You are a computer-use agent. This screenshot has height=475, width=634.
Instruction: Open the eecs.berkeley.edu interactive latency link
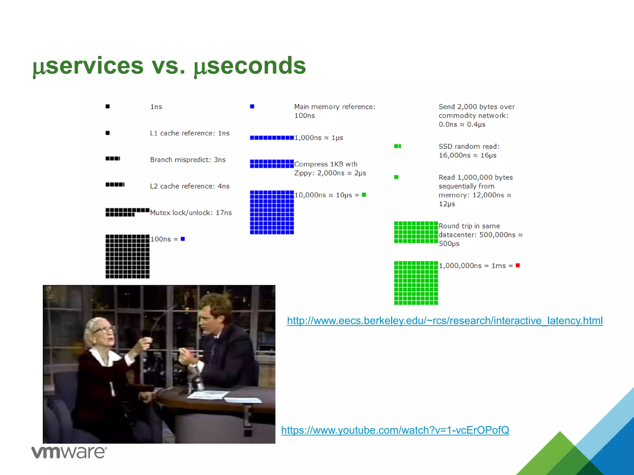(445, 321)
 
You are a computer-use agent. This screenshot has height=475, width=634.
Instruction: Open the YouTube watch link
(395, 430)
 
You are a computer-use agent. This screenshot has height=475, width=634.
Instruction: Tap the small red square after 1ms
(518, 265)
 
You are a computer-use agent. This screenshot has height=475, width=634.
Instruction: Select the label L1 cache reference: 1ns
(190, 133)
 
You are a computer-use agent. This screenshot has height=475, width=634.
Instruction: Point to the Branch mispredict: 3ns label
(188, 160)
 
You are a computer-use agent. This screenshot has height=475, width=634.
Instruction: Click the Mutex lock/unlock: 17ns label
(191, 213)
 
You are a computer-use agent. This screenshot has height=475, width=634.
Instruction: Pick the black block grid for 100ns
(128, 256)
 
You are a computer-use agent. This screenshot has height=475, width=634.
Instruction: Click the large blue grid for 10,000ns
(272, 212)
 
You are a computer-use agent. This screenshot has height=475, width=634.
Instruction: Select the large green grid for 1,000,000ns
(416, 283)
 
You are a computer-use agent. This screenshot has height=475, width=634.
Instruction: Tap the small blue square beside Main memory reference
(252, 106)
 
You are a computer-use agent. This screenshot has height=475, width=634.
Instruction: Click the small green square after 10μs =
(364, 195)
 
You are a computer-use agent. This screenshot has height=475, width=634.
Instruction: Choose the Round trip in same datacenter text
(480, 235)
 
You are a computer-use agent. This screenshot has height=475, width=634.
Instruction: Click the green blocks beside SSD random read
(397, 146)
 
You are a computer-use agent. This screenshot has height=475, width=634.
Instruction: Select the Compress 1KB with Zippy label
(330, 169)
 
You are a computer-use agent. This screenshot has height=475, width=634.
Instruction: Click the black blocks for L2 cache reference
(115, 185)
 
